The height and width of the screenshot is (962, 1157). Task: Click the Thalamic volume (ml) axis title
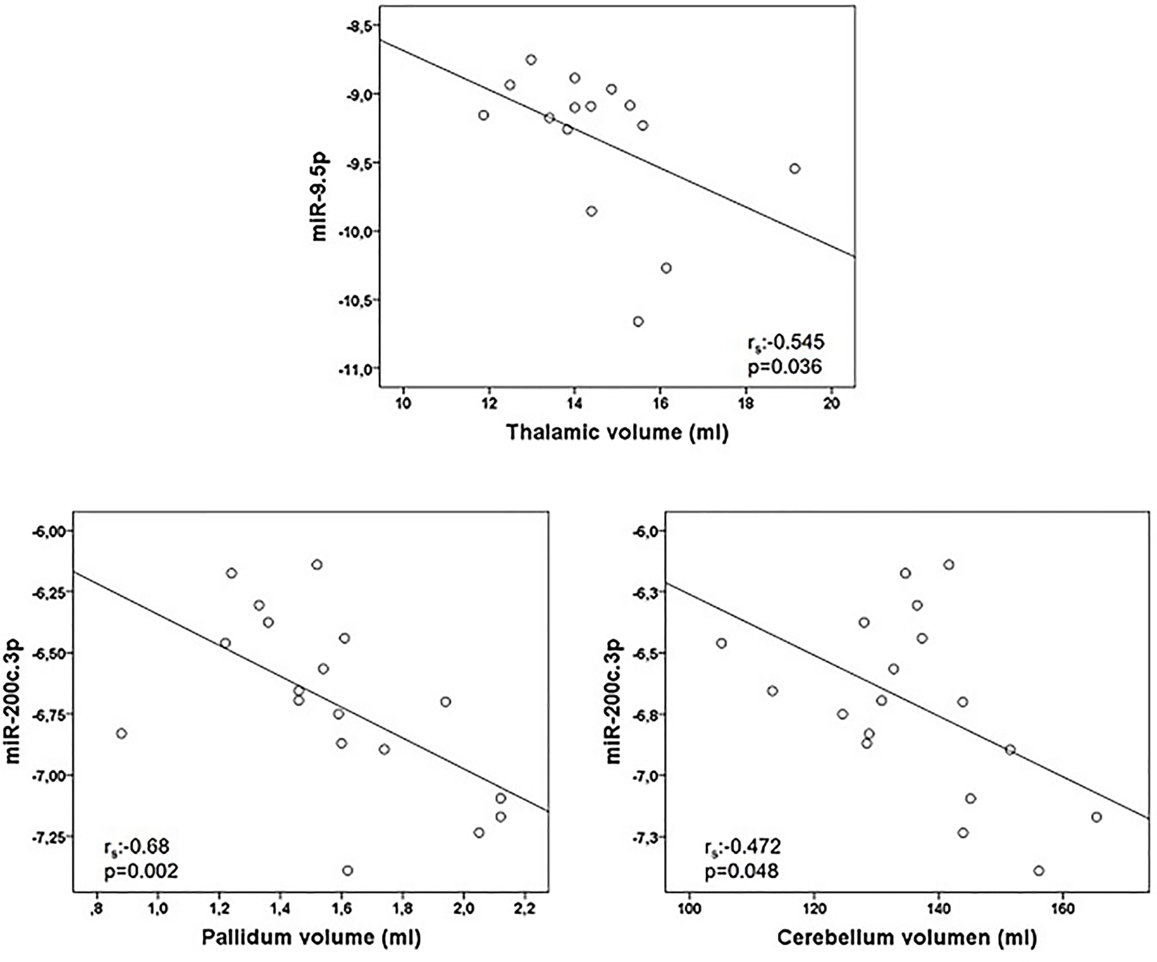coord(617,432)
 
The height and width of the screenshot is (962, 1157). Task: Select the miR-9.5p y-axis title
coord(319,196)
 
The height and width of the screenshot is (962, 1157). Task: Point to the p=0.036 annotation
coord(784,367)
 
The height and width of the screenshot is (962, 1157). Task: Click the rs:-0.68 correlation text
coord(136,846)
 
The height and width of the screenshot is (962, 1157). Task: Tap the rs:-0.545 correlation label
coord(786,343)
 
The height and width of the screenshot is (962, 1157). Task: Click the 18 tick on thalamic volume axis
coord(746,404)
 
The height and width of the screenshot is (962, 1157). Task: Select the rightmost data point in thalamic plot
coord(795,168)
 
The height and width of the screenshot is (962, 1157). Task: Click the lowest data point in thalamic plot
coord(638,321)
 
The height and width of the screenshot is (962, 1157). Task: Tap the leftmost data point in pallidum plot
coord(121,734)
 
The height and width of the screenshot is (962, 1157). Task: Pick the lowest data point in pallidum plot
coord(347,870)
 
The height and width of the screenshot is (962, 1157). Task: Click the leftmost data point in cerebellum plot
coord(721,643)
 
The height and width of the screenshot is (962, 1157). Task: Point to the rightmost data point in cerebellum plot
coord(1096,817)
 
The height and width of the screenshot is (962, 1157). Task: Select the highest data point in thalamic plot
coord(531,60)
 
